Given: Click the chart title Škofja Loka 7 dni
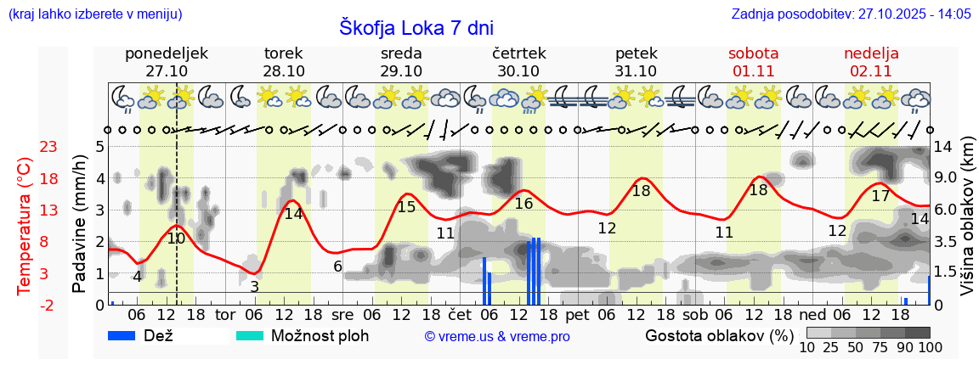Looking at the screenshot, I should (x=416, y=27).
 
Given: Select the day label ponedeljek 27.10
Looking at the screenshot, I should (x=166, y=62).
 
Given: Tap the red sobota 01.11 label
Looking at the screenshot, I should (x=753, y=62).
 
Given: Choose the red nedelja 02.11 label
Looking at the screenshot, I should (x=871, y=62).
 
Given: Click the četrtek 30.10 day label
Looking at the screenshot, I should (x=518, y=62).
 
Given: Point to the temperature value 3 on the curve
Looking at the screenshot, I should (x=254, y=287).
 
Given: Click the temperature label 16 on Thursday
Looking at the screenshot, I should (x=523, y=204).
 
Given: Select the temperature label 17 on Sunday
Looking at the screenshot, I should (x=880, y=196).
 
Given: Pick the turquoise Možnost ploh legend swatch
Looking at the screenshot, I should (x=250, y=335).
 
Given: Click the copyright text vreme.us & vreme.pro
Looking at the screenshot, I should (x=497, y=336).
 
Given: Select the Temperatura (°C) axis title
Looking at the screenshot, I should (x=25, y=226).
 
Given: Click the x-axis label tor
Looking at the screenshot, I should (x=224, y=315).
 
